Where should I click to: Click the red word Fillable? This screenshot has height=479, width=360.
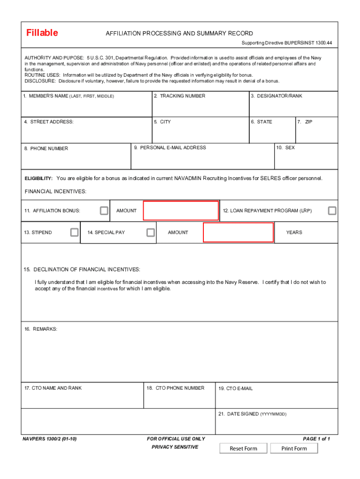42,33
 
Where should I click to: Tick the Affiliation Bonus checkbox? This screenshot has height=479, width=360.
104,211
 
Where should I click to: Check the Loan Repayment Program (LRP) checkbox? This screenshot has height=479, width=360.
332,210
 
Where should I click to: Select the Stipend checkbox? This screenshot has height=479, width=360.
74,232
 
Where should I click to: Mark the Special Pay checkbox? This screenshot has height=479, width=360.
151,232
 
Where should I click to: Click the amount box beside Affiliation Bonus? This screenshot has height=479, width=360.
181,210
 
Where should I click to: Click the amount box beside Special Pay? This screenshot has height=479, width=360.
238,232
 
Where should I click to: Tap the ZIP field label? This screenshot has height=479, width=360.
306,122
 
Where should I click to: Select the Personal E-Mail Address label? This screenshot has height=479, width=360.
170,148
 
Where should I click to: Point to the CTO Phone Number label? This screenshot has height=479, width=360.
175,388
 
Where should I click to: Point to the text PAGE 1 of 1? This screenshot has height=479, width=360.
317,439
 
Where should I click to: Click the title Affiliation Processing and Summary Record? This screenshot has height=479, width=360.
179,34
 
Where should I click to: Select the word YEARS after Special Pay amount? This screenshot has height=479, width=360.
294,232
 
